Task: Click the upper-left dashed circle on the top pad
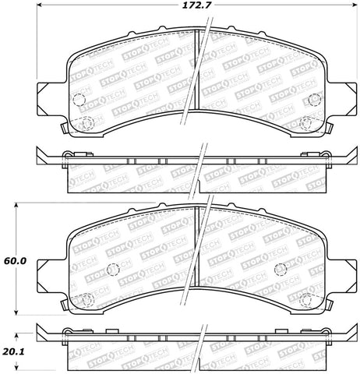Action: click(79, 100)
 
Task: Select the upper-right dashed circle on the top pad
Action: click(314, 99)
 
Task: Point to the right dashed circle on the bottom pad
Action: click(284, 269)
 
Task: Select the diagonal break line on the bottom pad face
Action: click(195, 242)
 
